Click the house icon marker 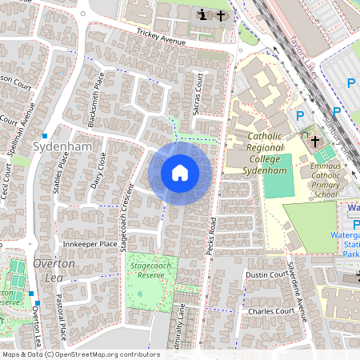point(180,173)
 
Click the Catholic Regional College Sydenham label point(254,152)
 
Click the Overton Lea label point(54,270)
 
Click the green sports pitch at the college point(278,186)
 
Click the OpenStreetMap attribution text point(80,354)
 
